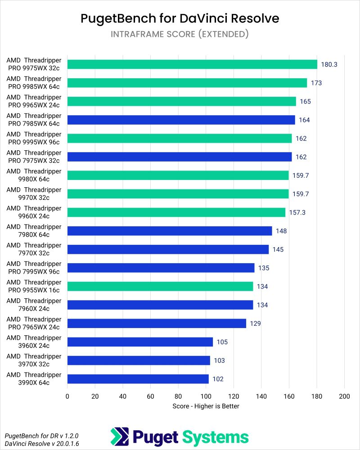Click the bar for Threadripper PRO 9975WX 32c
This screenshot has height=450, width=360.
tap(192, 64)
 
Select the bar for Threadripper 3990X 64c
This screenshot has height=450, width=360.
tap(138, 379)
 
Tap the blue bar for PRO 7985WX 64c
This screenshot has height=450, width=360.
tap(181, 120)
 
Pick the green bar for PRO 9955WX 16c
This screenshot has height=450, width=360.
tap(160, 286)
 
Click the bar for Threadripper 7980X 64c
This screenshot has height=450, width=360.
tap(170, 231)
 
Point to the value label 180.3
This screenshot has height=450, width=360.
tap(329, 64)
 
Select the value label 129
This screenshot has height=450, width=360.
tap(255, 324)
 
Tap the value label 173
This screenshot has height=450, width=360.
tap(316, 83)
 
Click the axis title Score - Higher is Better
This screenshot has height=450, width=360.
tap(206, 406)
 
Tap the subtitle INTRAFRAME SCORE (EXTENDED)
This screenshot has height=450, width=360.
tap(180, 34)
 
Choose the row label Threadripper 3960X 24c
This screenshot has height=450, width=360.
tap(33, 342)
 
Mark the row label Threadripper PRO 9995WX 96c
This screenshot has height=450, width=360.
tap(33, 138)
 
